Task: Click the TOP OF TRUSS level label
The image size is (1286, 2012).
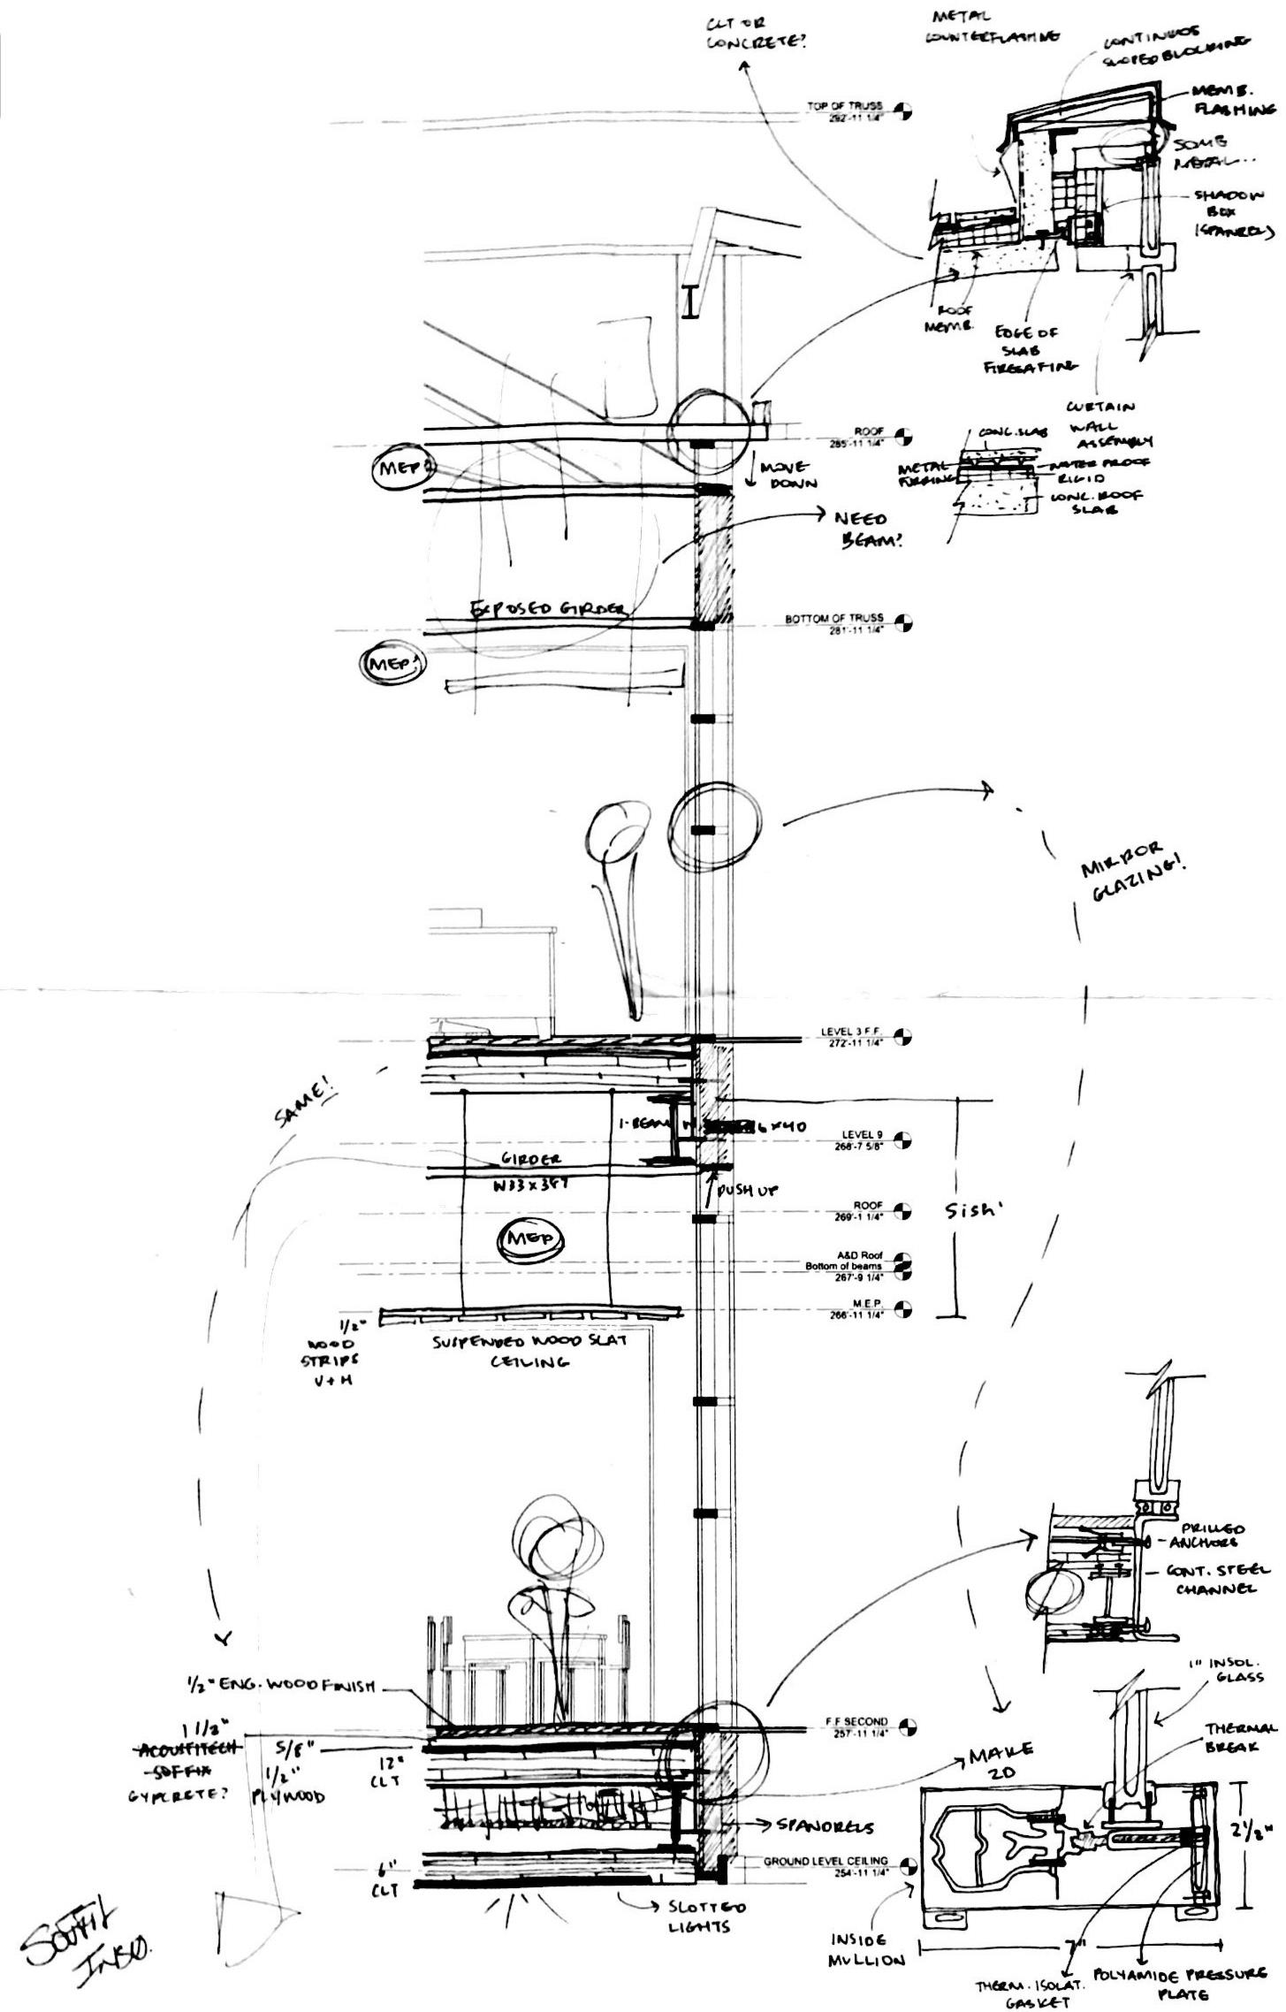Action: [x=844, y=111]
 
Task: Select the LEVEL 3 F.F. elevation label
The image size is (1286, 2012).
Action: [x=851, y=1036]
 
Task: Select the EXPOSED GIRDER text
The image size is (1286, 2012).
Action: [x=548, y=609]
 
